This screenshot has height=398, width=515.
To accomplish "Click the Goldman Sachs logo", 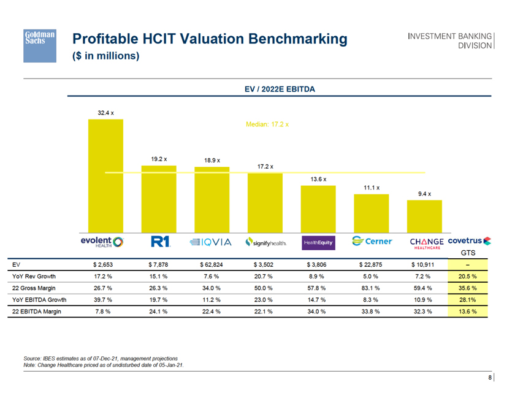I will [x=40, y=45].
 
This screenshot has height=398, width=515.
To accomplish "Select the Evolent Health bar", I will [x=105, y=178].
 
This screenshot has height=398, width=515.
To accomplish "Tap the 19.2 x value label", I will [x=159, y=159].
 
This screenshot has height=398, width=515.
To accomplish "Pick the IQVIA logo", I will [x=211, y=242].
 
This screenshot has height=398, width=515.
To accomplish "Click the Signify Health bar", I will [x=265, y=202].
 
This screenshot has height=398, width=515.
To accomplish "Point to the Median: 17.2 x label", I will [x=267, y=124].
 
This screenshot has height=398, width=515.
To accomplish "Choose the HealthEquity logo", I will [x=318, y=243].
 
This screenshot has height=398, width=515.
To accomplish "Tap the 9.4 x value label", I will [x=424, y=194].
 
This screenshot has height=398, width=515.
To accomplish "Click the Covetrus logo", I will [x=470, y=240].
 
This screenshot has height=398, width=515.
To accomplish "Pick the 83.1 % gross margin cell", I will [x=370, y=288].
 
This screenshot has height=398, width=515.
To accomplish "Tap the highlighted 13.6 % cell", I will [x=468, y=312].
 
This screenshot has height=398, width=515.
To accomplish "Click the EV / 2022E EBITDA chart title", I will [x=280, y=89].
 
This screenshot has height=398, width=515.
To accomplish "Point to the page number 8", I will [x=490, y=378].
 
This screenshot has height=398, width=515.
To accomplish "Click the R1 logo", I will [x=159, y=242].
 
